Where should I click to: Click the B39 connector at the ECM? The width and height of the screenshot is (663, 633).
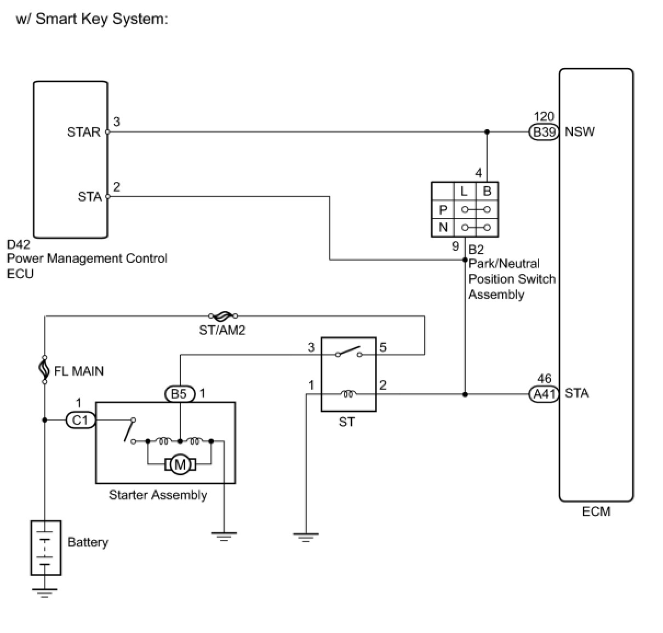[x=544, y=132]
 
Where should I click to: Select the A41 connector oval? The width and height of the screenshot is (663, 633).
[x=544, y=394]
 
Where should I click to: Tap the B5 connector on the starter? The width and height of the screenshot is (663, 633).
[x=179, y=394]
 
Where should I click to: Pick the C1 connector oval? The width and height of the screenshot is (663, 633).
[x=81, y=420]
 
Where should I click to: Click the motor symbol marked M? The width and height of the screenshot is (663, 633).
[x=180, y=465]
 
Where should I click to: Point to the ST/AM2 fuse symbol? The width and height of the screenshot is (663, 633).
[x=223, y=316]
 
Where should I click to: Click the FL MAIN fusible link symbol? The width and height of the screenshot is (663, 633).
[x=44, y=370]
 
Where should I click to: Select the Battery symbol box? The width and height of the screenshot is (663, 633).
[x=45, y=548]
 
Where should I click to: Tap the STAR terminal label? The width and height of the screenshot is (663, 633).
[x=83, y=132]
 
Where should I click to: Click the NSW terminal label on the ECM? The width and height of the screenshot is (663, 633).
[x=580, y=132]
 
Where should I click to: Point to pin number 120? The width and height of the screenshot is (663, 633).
[x=544, y=117]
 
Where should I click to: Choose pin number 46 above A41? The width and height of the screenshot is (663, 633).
[x=544, y=378]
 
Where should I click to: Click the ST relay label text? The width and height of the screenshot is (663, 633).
[x=347, y=422]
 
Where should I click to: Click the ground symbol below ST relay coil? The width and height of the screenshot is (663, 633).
[x=306, y=537]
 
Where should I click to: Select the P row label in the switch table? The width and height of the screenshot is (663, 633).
[x=443, y=210]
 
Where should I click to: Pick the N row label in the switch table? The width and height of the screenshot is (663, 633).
[x=443, y=227]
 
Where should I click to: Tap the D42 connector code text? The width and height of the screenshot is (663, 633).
[x=18, y=244]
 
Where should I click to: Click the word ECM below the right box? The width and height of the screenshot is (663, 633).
[x=596, y=511]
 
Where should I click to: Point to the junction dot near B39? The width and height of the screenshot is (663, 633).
[x=487, y=132]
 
